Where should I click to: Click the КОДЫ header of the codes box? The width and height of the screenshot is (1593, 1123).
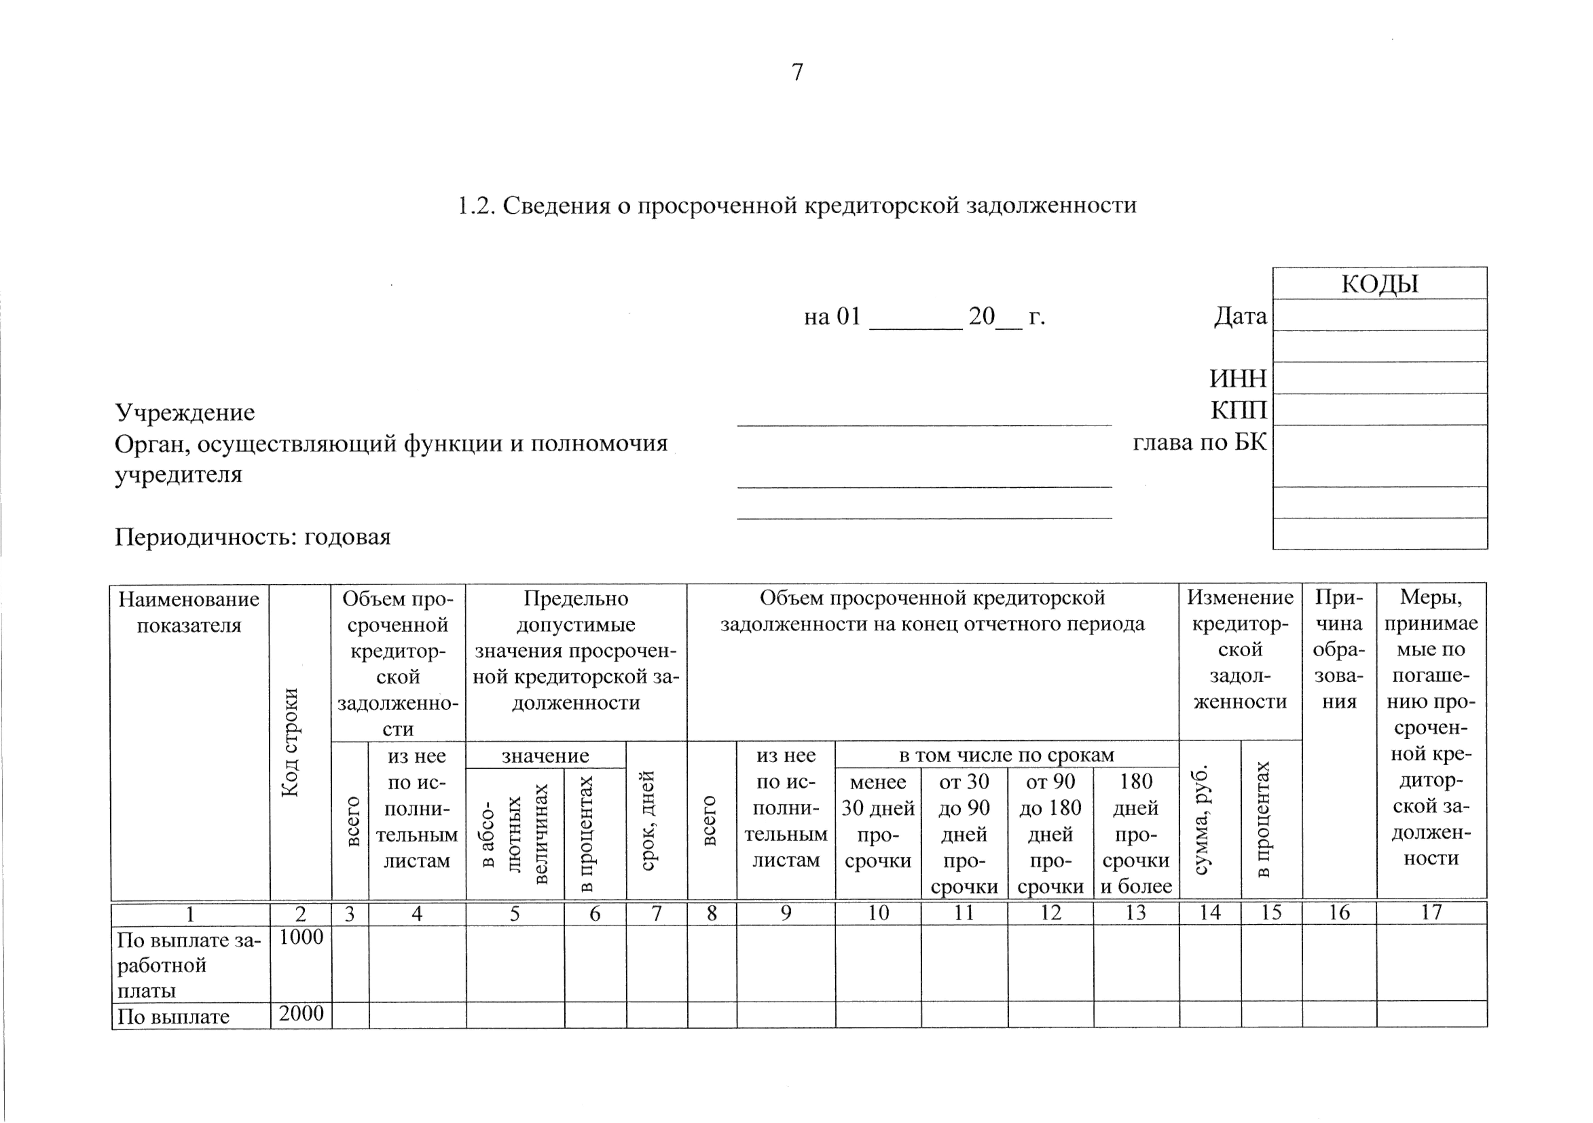(1379, 284)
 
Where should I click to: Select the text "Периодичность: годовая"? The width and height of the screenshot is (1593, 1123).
(253, 536)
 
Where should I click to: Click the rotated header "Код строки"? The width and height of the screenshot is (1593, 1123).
(290, 742)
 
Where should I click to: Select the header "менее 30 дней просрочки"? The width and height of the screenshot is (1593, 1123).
(878, 821)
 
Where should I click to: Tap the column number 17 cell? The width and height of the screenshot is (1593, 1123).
(1431, 913)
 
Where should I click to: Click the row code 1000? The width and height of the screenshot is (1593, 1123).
(301, 937)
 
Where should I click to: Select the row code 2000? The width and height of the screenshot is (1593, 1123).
(301, 1013)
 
